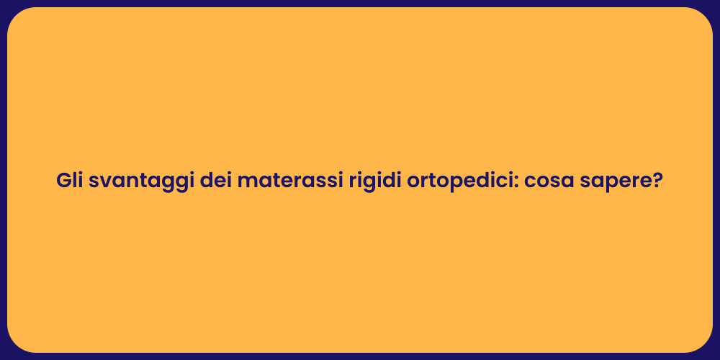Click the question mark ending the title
coord(657,181)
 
